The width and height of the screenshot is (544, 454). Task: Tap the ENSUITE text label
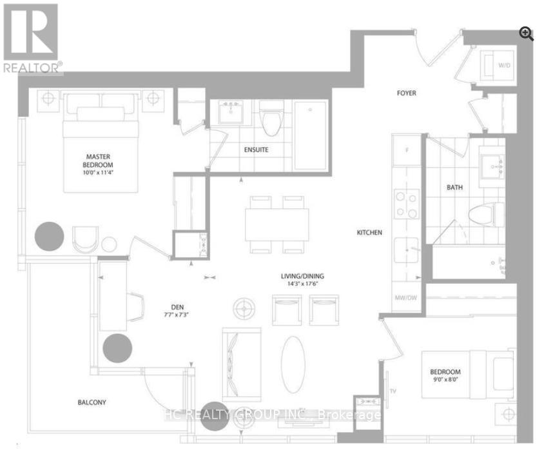tap(256, 150)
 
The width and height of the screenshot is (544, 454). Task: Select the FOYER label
tap(405, 94)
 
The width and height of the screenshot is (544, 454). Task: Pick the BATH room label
tap(456, 188)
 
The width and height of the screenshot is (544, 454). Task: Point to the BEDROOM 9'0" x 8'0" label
tap(445, 376)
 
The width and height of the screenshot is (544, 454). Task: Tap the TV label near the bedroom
tap(393, 391)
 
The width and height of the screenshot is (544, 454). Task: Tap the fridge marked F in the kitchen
tap(406, 150)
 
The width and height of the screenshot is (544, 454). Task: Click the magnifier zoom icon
tap(527, 34)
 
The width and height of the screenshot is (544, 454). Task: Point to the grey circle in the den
tap(118, 348)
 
